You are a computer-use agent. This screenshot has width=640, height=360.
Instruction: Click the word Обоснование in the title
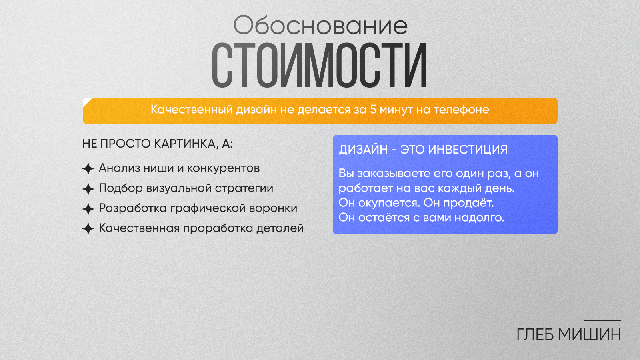click(x=320, y=26)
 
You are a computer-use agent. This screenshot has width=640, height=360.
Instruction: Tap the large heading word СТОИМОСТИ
click(x=320, y=65)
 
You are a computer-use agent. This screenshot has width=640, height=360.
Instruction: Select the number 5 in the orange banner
click(x=373, y=110)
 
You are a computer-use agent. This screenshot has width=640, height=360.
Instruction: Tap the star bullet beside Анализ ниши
click(x=88, y=168)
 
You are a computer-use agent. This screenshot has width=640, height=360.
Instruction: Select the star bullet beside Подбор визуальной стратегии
click(x=88, y=189)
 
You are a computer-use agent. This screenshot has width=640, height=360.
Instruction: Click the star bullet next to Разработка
click(x=88, y=209)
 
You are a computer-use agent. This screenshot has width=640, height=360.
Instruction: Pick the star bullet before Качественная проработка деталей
click(x=88, y=229)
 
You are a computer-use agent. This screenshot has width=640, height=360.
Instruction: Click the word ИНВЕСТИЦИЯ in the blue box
click(x=468, y=150)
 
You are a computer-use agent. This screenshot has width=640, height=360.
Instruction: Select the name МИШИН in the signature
click(x=590, y=334)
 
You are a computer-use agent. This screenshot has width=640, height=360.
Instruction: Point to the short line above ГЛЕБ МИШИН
click(x=602, y=320)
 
